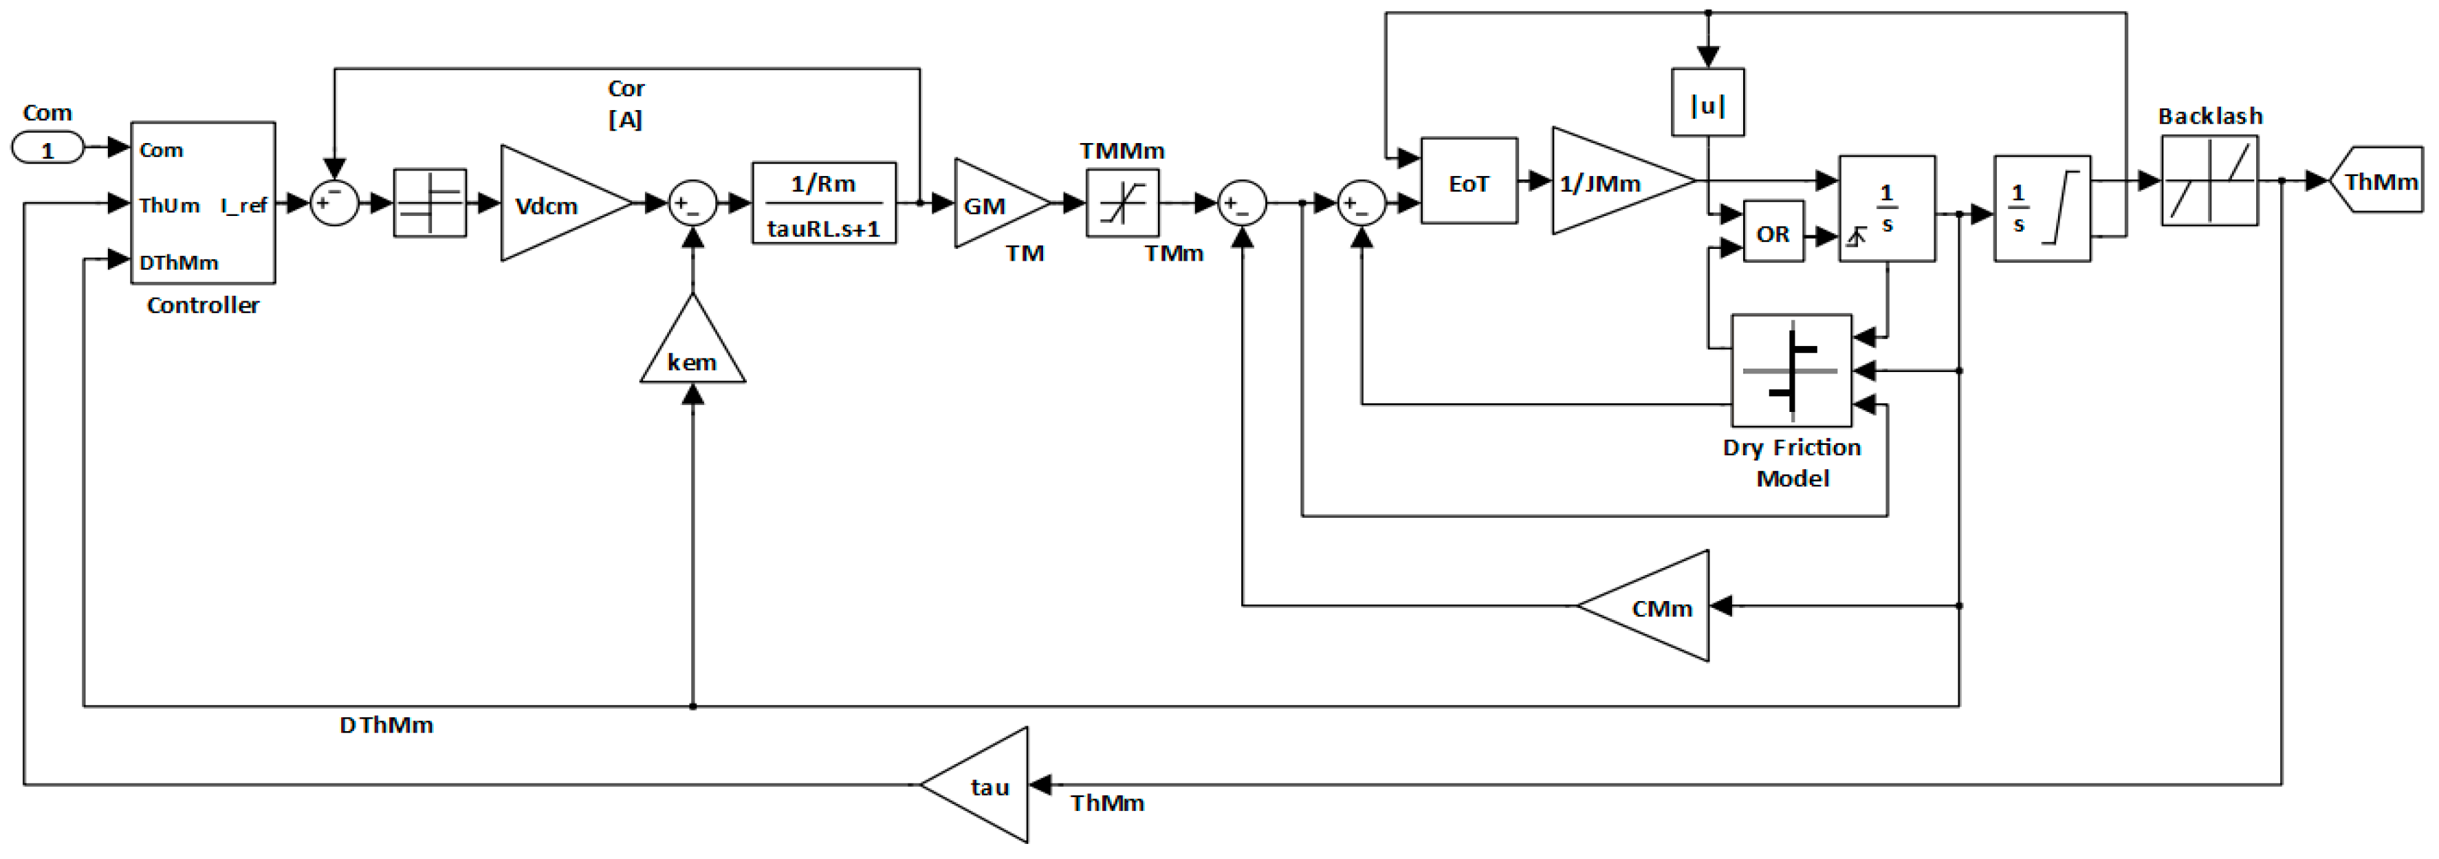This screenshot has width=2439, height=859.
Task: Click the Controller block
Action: pyautogui.click(x=203, y=203)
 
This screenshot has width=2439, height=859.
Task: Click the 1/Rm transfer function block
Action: pyautogui.click(x=824, y=204)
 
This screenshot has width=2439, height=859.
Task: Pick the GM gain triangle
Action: pyautogui.click(x=994, y=204)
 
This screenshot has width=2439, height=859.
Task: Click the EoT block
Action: pyautogui.click(x=1469, y=182)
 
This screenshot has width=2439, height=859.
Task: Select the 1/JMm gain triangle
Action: pyautogui.click(x=1610, y=182)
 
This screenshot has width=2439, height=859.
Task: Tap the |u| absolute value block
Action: pyautogui.click(x=1707, y=103)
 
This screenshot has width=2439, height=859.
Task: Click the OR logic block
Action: pyautogui.click(x=1773, y=233)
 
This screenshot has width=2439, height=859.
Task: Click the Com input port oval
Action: pyautogui.click(x=47, y=149)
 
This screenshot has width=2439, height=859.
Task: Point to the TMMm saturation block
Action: pyautogui.click(x=1122, y=204)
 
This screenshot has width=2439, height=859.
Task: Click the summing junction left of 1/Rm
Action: pyautogui.click(x=692, y=204)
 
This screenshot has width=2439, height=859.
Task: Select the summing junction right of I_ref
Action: pyautogui.click(x=334, y=204)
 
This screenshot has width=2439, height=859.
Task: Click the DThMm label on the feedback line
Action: pyautogui.click(x=386, y=726)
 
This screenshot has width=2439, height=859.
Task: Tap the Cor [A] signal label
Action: pyautogui.click(x=626, y=103)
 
